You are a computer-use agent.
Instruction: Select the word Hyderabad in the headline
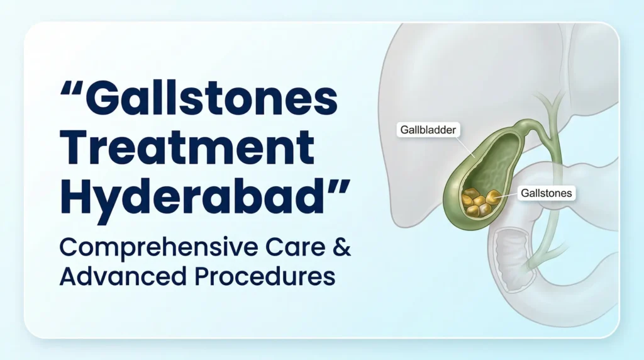click(195, 193)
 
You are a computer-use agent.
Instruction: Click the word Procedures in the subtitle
click(258, 278)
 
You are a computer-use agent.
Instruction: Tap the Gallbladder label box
click(430, 130)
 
